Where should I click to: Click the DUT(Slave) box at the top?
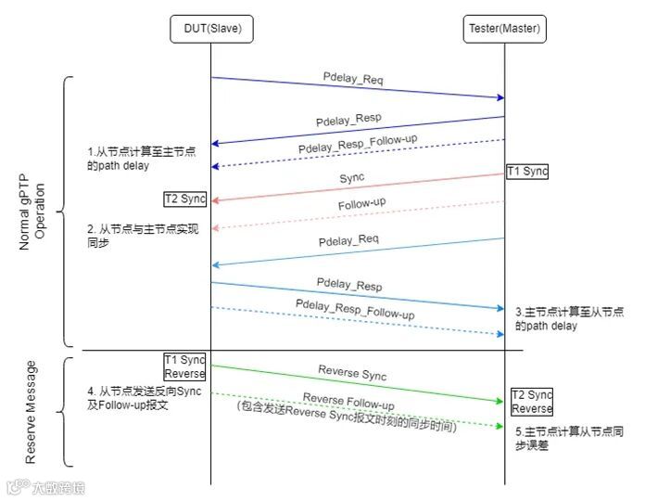tap(210, 29)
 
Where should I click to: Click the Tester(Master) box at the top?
tap(504, 29)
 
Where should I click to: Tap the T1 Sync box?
tap(528, 172)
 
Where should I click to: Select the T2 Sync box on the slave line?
tap(185, 199)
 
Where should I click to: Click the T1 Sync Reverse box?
tap(185, 366)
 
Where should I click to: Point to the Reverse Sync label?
tap(352, 374)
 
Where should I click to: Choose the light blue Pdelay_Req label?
tap(349, 242)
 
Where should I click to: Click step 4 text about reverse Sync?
tap(140, 398)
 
